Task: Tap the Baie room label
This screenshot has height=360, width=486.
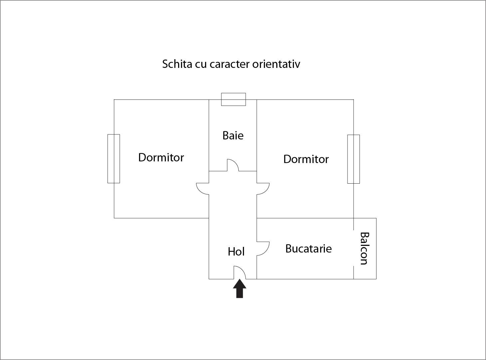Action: point(233,135)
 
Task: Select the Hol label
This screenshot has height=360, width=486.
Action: point(236,252)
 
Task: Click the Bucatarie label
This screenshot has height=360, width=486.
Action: point(308,249)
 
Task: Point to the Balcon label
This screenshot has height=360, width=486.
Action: point(364,248)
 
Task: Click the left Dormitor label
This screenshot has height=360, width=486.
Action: point(161,157)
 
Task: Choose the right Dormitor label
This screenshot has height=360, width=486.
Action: point(306,159)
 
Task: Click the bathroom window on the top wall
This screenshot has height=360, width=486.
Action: point(233,99)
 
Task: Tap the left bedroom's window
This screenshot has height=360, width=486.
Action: point(114,159)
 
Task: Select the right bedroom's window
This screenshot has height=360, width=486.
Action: point(354,159)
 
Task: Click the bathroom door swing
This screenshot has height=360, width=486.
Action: point(233,165)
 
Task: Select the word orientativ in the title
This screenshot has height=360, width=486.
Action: point(276,64)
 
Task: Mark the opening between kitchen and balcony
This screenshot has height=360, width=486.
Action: point(354,248)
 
